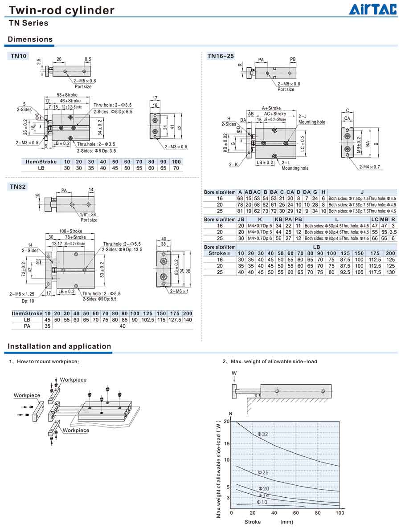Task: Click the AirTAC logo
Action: (372, 9)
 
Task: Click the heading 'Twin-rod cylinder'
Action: (61, 10)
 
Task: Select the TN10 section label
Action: (19, 56)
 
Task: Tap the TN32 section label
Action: (19, 187)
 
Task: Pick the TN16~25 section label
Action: (220, 56)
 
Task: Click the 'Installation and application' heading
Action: (59, 346)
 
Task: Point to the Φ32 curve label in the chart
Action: (263, 434)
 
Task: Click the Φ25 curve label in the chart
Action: (263, 472)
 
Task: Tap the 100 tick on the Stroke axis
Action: (340, 513)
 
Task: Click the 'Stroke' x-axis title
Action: (253, 521)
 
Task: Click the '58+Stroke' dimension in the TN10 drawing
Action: (67, 95)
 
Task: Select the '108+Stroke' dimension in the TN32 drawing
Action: (71, 232)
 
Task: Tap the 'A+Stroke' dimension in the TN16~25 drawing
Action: (271, 108)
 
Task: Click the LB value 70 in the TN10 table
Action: (176, 168)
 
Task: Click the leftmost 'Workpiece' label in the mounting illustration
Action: (27, 395)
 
